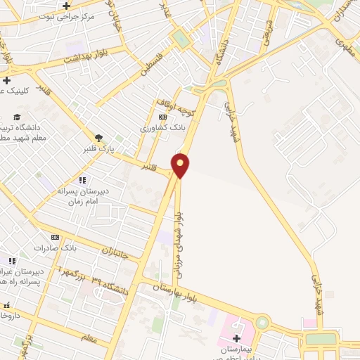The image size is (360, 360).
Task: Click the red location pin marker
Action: tap(181, 165)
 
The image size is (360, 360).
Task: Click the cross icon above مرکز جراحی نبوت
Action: tap(85, 7)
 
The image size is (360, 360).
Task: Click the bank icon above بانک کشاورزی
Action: tap(162, 117)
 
